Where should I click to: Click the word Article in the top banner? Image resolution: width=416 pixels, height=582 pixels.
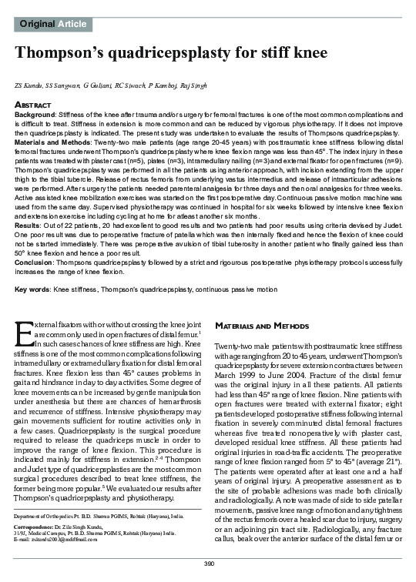pos(71,25)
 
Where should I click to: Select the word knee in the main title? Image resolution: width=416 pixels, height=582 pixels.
pos(304,53)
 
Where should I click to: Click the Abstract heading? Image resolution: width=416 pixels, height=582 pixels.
pos(33,104)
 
